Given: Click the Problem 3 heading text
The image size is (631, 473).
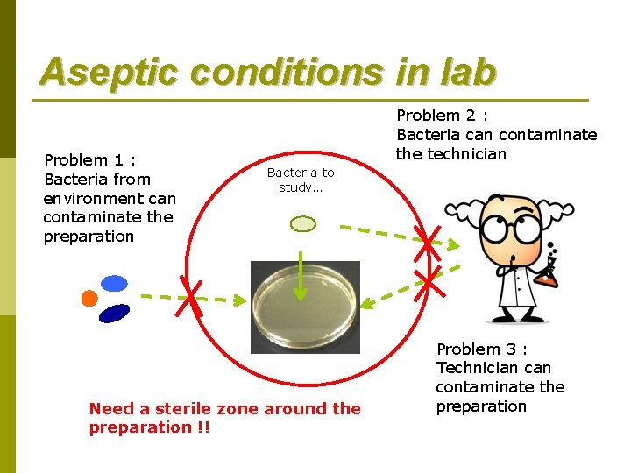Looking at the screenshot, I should tap(481, 349).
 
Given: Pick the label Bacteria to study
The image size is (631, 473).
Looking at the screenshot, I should tap(301, 180).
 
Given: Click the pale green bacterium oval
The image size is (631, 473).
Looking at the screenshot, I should tap(302, 224).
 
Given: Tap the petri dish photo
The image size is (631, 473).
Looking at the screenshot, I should tap(305, 307).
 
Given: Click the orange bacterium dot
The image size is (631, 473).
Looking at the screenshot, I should tap(89, 298).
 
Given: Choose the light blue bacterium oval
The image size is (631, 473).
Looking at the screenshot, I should tap(114, 283).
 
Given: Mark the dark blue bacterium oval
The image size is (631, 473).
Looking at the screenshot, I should tap(115, 313).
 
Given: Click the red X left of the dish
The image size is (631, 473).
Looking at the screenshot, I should tap(193, 300).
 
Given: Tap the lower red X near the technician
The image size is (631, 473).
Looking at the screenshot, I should tap(428, 281).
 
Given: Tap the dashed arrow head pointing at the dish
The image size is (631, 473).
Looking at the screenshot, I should tap(368, 304).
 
